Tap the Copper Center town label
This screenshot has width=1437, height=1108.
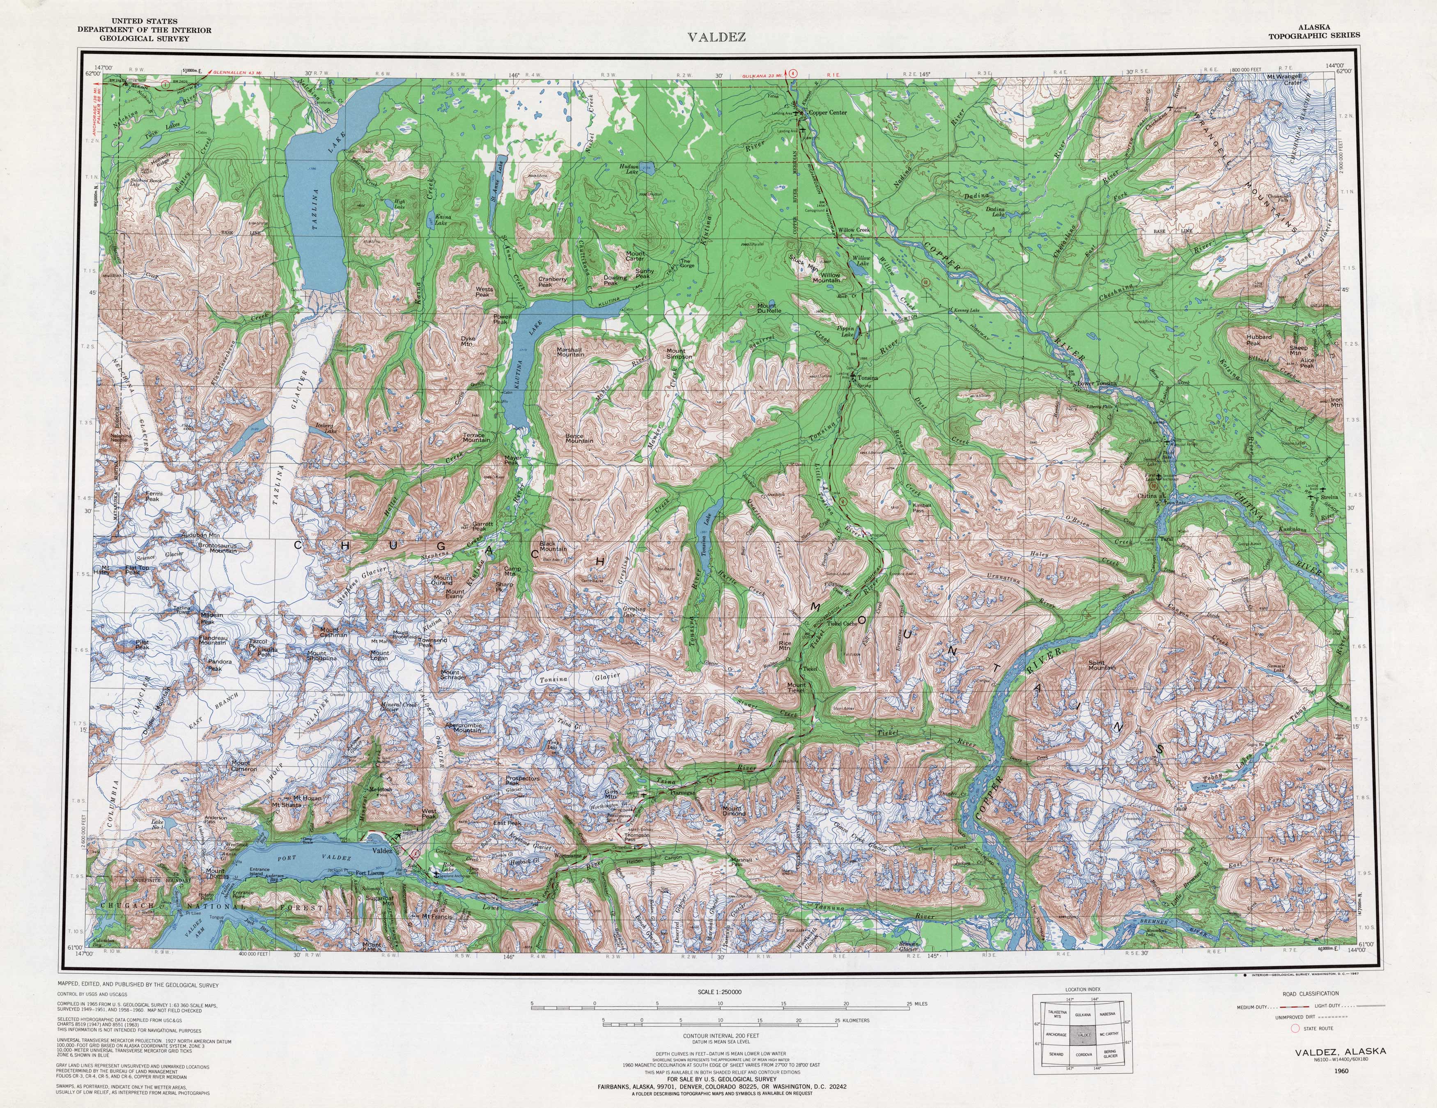coord(828,112)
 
